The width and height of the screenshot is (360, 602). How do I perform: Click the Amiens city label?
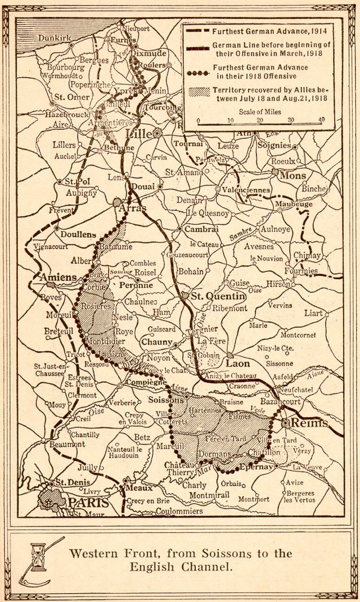(x=57, y=278)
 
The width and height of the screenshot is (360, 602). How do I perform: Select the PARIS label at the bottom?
(x=87, y=502)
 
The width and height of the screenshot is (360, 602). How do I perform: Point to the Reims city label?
(x=303, y=423)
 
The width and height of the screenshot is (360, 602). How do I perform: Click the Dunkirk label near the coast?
(x=55, y=38)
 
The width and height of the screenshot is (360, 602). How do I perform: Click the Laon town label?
(x=237, y=364)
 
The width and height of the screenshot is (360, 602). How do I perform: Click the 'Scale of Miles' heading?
(x=260, y=112)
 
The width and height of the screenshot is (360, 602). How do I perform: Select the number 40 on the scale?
(x=321, y=120)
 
